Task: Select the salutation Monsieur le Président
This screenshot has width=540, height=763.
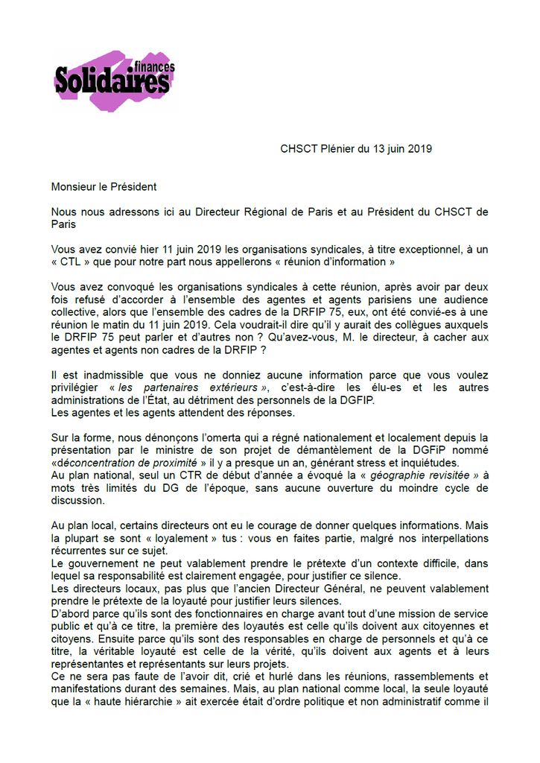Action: [x=104, y=186]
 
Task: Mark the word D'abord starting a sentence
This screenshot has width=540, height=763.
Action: [x=70, y=614]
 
